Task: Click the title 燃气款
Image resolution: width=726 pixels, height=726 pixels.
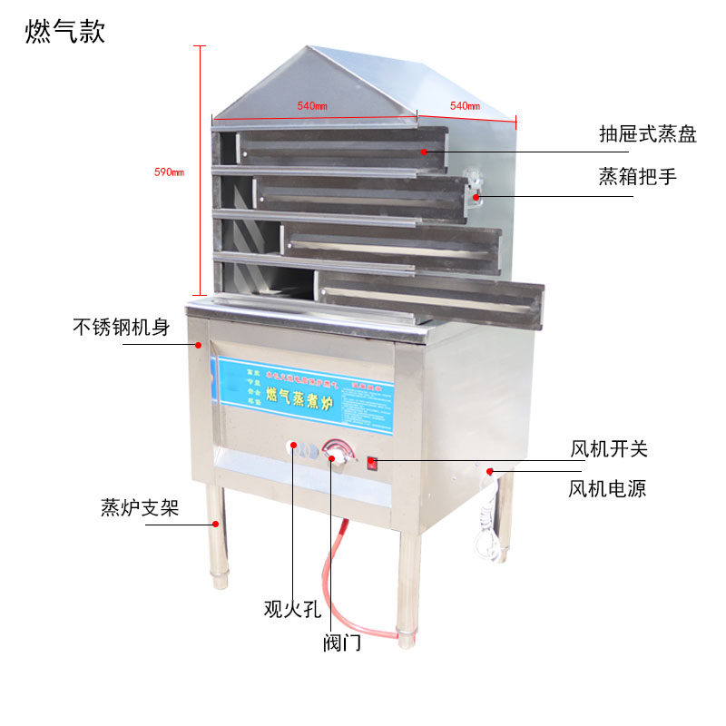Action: point(65,32)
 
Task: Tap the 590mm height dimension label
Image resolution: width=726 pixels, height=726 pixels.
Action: point(170,172)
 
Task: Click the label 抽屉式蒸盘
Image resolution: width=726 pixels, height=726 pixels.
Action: point(647,135)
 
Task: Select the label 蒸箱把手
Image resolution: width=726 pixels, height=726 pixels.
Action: point(637,176)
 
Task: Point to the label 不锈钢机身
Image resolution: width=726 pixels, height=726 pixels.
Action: point(122,327)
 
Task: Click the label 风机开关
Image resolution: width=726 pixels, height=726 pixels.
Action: point(608,448)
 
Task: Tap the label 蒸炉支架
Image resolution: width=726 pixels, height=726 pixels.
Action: point(140,507)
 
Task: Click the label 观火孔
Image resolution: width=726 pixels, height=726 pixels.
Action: point(292,609)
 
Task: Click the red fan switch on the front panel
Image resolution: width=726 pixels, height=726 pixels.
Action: point(372,463)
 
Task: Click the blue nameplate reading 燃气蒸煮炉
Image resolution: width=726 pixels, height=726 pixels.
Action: point(304,392)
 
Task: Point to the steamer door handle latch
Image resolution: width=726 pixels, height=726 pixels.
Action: point(472,187)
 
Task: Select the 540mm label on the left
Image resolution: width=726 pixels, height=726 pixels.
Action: point(311,106)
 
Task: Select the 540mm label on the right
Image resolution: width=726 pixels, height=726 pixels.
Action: point(465,106)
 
